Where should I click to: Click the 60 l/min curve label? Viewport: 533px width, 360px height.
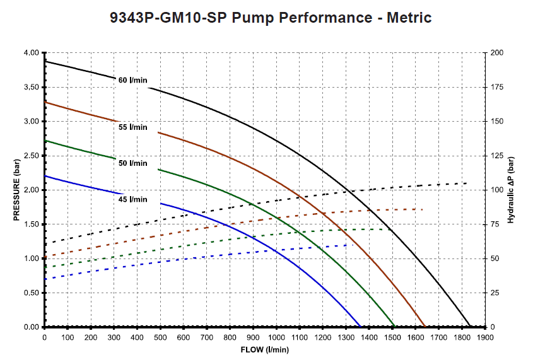point(132,80)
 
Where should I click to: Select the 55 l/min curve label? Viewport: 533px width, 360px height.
point(132,127)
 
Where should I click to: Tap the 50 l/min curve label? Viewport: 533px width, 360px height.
point(132,163)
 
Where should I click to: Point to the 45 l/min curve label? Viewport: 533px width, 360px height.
point(132,200)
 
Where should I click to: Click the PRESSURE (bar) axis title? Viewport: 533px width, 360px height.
point(17,190)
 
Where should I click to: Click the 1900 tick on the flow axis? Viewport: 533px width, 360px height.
point(484,338)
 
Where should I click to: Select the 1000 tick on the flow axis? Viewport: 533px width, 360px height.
point(276,338)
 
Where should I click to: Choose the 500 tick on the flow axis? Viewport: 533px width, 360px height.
point(160,338)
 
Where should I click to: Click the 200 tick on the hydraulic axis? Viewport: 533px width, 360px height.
point(496,53)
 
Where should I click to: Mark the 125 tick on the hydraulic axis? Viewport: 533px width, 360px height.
point(496,156)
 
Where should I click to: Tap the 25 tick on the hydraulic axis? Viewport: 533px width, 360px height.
point(495,293)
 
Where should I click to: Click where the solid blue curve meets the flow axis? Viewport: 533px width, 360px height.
point(360,327)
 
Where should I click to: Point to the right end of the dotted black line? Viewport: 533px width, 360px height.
point(466,183)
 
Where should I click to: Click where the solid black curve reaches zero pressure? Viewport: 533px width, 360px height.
point(470,327)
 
